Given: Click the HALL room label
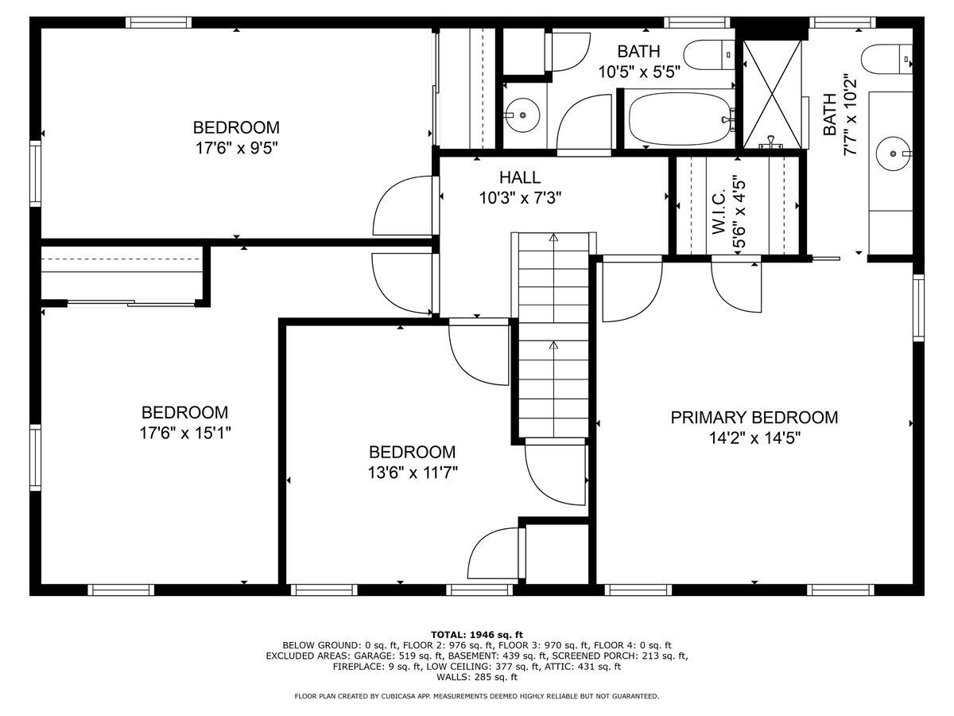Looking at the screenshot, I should (520, 177).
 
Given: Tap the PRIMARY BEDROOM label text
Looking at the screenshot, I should (754, 418).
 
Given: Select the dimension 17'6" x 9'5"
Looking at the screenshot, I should (236, 147).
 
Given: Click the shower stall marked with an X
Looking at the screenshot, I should (771, 92).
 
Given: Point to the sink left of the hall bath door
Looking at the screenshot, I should (522, 114).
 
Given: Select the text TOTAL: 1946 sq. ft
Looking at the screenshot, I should (476, 634).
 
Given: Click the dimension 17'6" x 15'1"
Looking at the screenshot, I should (185, 433).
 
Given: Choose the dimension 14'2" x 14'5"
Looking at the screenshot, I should (754, 438).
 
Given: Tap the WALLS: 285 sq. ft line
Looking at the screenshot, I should (476, 677).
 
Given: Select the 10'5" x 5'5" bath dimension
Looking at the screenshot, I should (639, 72).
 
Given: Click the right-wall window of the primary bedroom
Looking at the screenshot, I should (918, 306).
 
